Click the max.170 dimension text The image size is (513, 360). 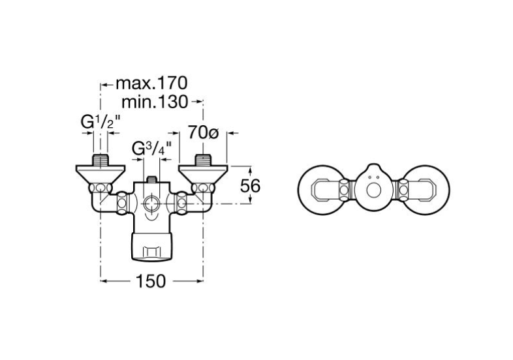click(151, 83)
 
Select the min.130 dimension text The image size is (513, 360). click(155, 102)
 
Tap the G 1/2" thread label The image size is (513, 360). click(99, 122)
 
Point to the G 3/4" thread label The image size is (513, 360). click(154, 149)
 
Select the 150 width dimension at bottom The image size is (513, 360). click(152, 281)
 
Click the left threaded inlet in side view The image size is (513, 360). click(101, 160)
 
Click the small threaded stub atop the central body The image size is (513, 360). click(151, 179)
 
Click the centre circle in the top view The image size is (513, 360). click(373, 192)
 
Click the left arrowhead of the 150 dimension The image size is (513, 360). click(104, 281)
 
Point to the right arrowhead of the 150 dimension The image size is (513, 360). click(200, 281)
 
